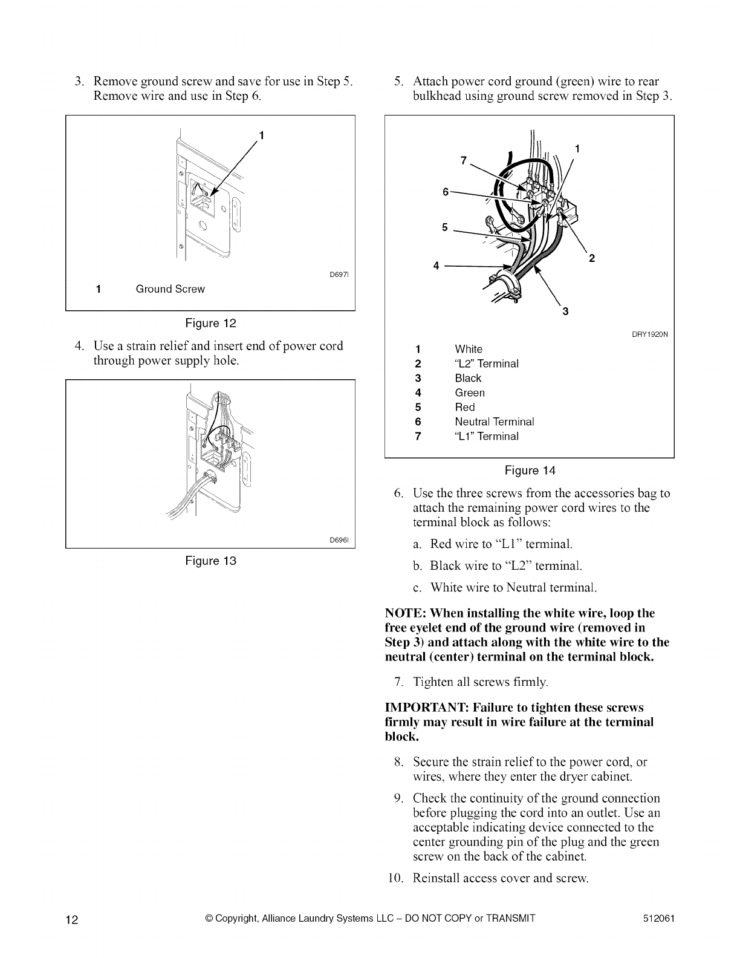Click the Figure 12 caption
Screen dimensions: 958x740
coord(210,323)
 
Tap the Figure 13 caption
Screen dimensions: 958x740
coord(210,561)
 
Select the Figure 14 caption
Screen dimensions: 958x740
coord(530,471)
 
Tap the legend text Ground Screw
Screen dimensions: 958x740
coord(170,289)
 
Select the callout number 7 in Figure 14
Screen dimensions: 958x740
coord(464,160)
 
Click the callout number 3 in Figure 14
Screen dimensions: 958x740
coord(565,312)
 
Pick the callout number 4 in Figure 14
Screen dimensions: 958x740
coord(434,266)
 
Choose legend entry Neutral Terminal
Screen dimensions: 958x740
coord(494,422)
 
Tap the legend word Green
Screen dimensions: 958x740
coord(470,393)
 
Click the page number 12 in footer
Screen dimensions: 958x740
coord(72,921)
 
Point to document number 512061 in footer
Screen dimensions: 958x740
coord(659,920)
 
